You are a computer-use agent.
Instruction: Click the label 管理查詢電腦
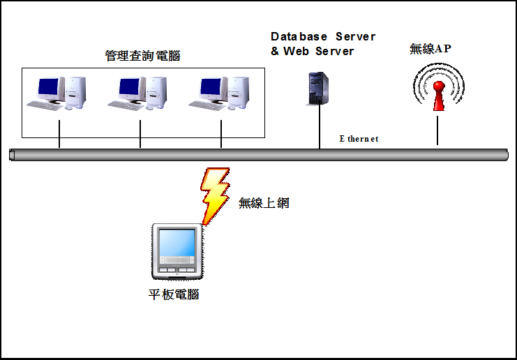(142, 56)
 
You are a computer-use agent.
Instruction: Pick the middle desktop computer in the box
(140, 93)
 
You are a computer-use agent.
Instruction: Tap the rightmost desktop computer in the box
(221, 93)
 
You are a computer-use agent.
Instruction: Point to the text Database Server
(323, 36)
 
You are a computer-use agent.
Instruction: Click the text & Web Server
(312, 51)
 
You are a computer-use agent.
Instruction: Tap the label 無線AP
(430, 49)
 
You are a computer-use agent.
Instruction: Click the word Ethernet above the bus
(359, 139)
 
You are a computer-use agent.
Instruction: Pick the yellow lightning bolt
(214, 194)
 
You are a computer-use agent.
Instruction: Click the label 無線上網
(264, 203)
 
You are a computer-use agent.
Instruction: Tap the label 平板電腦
(174, 294)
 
